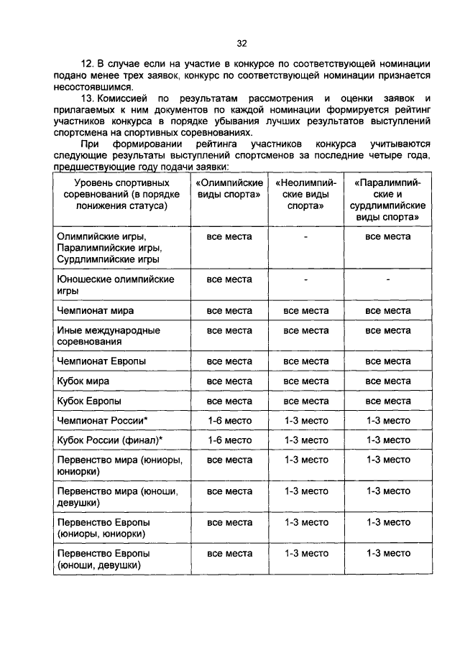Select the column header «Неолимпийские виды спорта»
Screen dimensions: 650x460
pyautogui.click(x=305, y=194)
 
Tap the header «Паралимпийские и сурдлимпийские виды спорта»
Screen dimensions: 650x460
pyautogui.click(x=387, y=200)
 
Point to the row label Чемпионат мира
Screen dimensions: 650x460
pyautogui.click(x=96, y=311)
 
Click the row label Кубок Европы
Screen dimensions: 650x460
pyautogui.click(x=88, y=400)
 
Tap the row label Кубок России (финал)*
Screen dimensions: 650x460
pyautogui.click(x=109, y=440)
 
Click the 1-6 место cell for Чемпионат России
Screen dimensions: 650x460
pyautogui.click(x=229, y=419)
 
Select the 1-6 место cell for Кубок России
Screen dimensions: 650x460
pyautogui.click(x=229, y=440)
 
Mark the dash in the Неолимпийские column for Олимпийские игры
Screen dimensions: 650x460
pyautogui.click(x=305, y=236)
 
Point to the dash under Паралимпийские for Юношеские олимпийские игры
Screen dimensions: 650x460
pyautogui.click(x=387, y=279)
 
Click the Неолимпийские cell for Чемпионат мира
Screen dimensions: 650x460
pyautogui.click(x=305, y=311)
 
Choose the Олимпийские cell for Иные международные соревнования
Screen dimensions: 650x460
pyautogui.click(x=229, y=331)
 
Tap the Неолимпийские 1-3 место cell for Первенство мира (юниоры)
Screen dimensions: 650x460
pyautogui.click(x=305, y=460)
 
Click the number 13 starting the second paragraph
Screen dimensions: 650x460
pyautogui.click(x=88, y=97)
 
